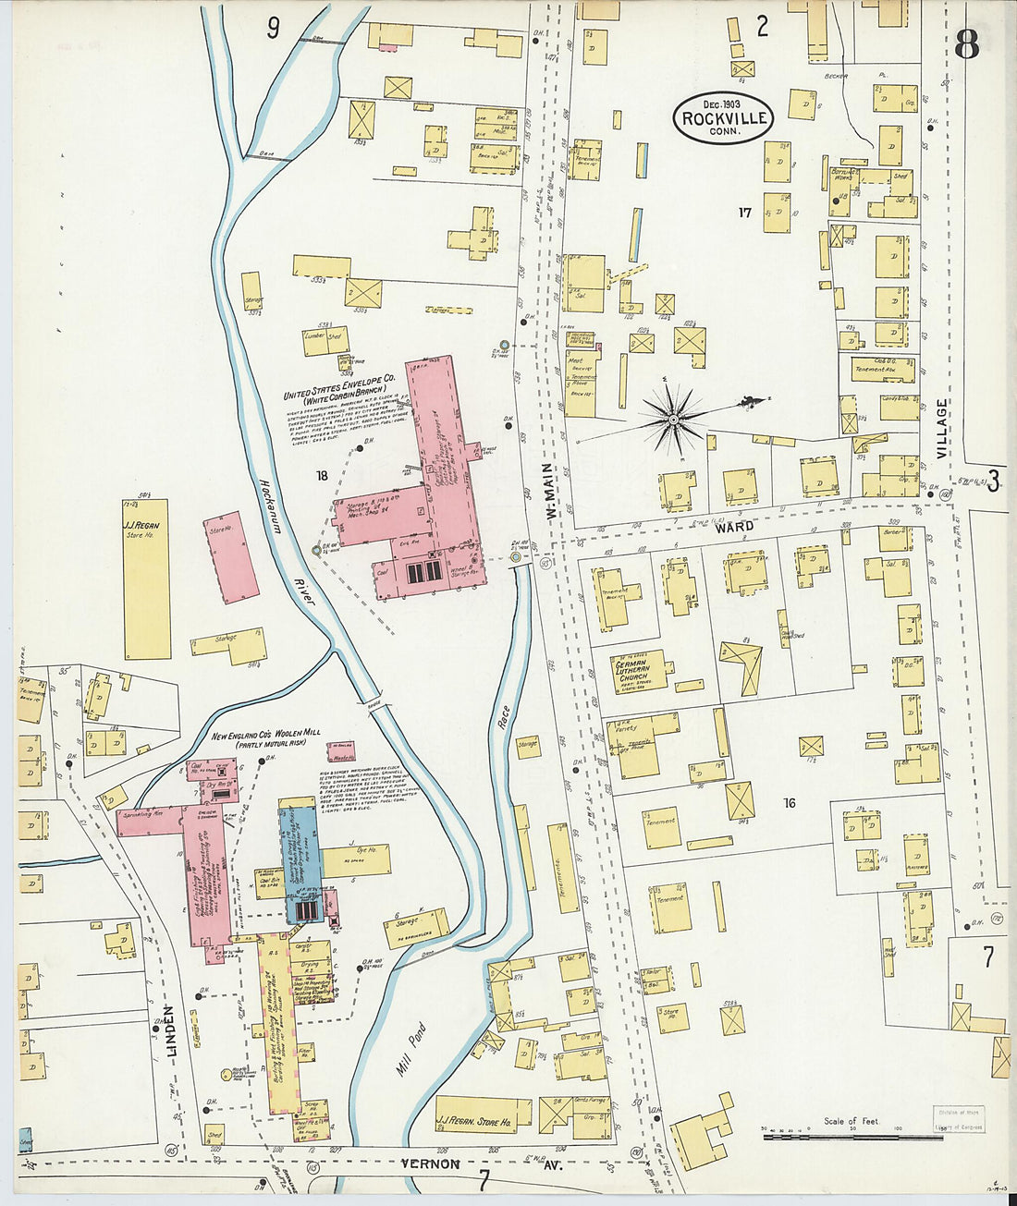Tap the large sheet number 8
coord(966,44)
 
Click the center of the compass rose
coord(674,420)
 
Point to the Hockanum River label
coord(282,542)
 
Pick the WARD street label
coord(734,526)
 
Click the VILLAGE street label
coord(942,429)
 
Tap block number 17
coord(744,213)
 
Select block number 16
coord(788,803)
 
